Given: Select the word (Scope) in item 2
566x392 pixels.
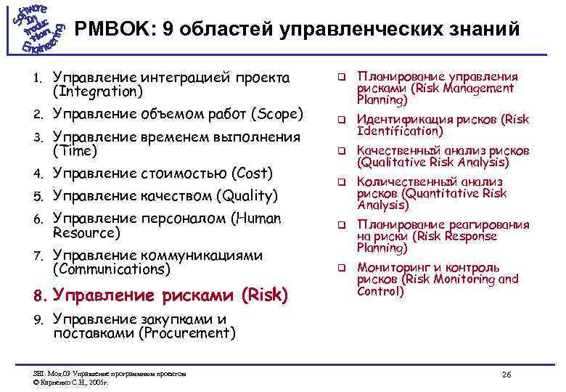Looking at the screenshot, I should (276, 114).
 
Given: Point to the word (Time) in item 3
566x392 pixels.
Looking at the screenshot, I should (75, 151).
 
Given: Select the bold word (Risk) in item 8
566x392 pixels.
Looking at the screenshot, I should (265, 295).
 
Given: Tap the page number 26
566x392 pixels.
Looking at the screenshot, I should (506, 374).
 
